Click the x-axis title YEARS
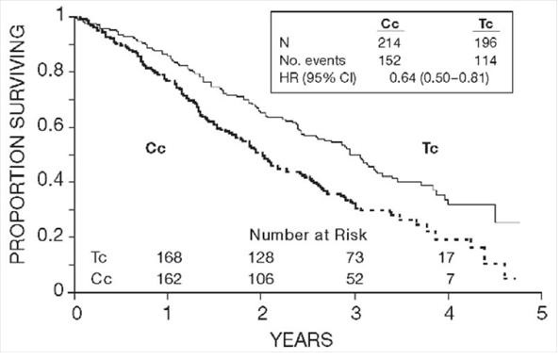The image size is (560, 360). [x=307, y=337]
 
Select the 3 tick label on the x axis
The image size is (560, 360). [x=354, y=312]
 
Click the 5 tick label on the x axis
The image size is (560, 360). [x=540, y=312]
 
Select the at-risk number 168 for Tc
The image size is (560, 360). [x=169, y=255]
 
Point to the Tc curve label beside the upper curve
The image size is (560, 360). [x=432, y=148]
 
